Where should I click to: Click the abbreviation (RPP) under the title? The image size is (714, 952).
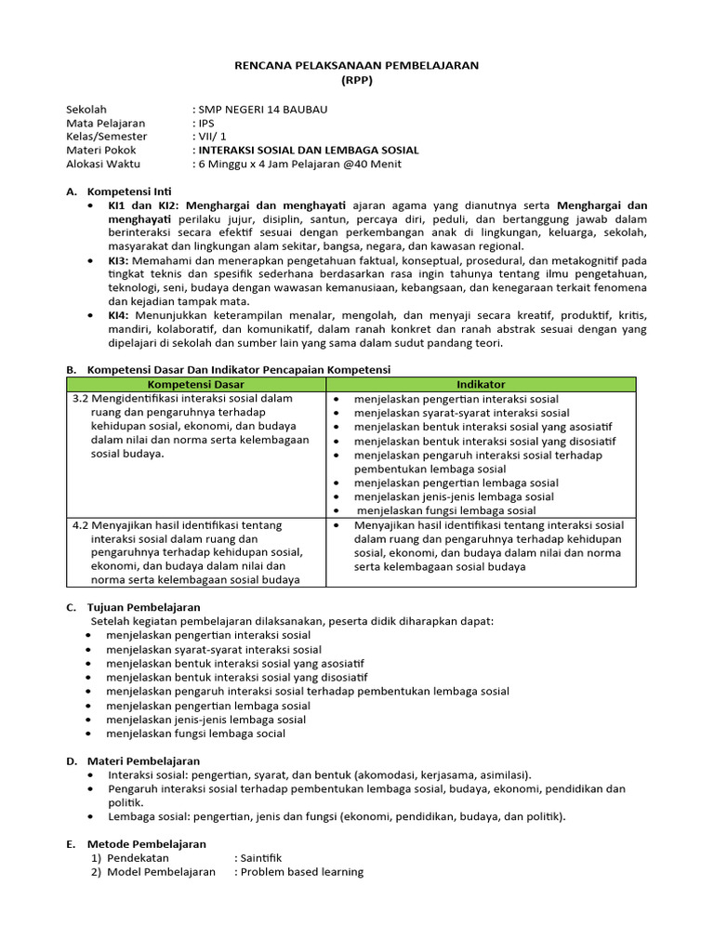coord(355,79)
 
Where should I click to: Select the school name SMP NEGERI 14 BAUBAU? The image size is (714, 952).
coord(262,109)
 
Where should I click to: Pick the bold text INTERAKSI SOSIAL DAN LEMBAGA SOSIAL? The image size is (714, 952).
coord(308,150)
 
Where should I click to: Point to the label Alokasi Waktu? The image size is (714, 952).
coord(102,164)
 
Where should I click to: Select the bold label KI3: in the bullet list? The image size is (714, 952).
coord(120,261)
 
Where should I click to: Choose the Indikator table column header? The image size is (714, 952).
coord(481,383)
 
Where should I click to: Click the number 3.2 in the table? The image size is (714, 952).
coord(82,398)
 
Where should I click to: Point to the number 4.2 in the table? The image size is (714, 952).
coord(82,524)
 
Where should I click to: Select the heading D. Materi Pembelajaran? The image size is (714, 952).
coord(132,760)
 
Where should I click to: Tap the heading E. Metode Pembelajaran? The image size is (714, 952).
coord(135,843)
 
